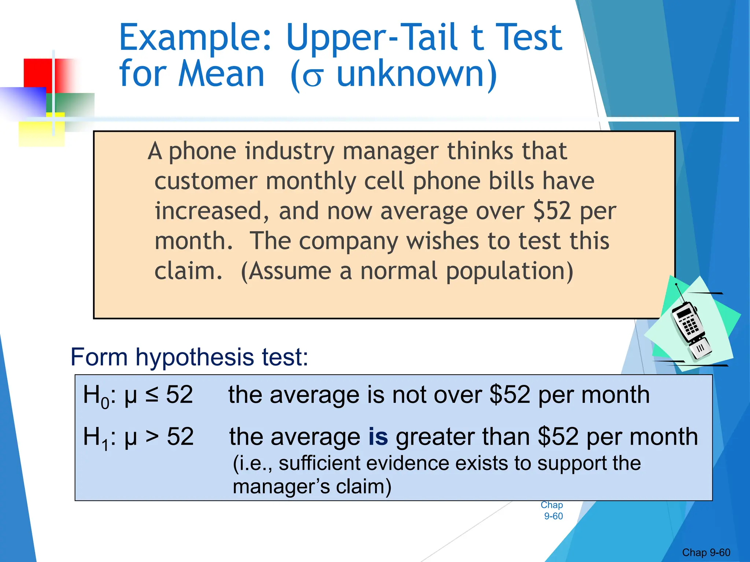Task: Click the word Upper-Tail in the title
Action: click(371, 37)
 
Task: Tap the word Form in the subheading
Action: click(99, 357)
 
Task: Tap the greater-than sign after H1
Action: click(152, 437)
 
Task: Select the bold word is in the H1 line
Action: click(378, 437)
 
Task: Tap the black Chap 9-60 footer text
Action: click(706, 552)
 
